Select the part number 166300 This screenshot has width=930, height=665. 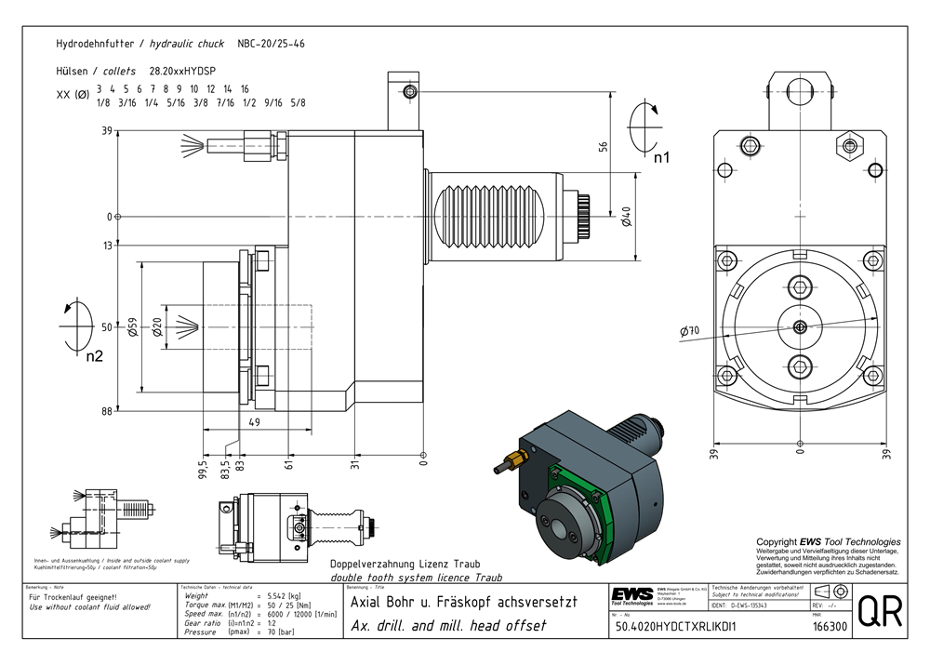(x=829, y=627)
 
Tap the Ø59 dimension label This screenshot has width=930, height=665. (x=134, y=327)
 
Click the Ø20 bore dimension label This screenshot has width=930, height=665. (x=157, y=327)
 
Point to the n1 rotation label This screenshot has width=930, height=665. (x=661, y=158)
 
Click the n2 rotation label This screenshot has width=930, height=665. (x=94, y=355)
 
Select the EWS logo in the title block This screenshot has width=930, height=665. (x=632, y=595)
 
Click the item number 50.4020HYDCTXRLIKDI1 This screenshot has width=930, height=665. (x=676, y=627)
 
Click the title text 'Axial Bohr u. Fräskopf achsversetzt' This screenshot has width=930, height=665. (x=462, y=602)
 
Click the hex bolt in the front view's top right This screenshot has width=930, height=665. (x=850, y=145)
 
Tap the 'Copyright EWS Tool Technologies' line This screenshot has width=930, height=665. (x=828, y=542)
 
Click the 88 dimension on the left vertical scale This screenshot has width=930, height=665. (x=107, y=411)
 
